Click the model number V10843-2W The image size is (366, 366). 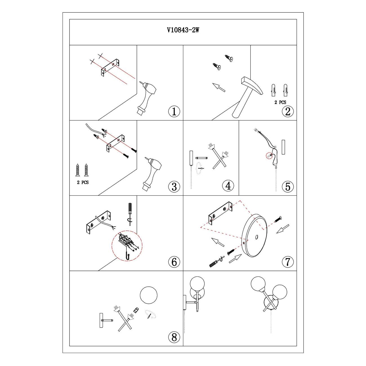point(183,30)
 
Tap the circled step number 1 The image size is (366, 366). point(174,111)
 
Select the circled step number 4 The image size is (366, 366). point(228,186)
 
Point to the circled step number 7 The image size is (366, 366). point(288,262)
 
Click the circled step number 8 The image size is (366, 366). point(174,337)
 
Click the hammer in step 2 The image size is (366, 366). point(247,97)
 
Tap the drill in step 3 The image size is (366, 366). point(152,173)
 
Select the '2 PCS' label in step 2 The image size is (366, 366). point(280,102)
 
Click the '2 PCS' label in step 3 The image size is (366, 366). point(82,182)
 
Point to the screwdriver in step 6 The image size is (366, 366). point(130,214)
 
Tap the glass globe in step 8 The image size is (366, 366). point(149,296)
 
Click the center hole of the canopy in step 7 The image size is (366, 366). point(256,237)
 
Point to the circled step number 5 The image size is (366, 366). point(288,186)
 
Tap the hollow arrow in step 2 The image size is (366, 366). point(219,88)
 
